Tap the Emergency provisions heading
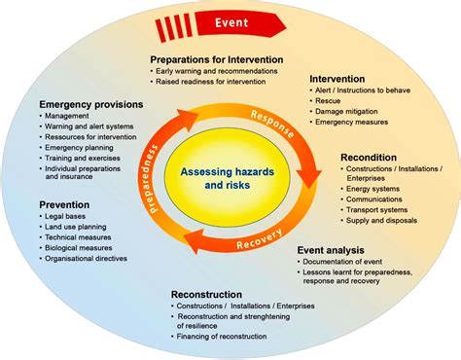[x=90, y=104]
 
